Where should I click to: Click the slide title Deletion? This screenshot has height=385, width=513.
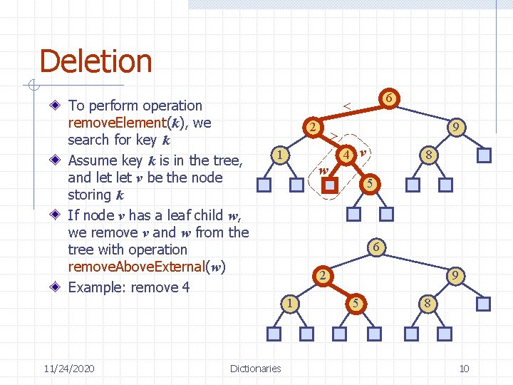click(95, 61)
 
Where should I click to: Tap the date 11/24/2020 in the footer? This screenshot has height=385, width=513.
click(68, 369)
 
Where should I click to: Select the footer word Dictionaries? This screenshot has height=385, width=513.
click(255, 369)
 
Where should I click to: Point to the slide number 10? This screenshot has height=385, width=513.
click(464, 369)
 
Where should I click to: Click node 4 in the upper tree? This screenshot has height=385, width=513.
click(345, 155)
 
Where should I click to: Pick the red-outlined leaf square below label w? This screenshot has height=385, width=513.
click(329, 185)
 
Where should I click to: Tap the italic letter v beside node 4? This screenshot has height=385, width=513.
click(363, 153)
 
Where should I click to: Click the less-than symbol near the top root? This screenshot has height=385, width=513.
click(347, 106)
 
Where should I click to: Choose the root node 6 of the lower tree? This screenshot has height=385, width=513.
click(376, 247)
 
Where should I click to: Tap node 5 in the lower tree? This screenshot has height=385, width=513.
click(356, 303)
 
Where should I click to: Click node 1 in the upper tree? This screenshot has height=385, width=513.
click(281, 155)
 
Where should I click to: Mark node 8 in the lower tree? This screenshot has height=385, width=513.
click(427, 303)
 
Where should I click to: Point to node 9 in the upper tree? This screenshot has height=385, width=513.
click(456, 128)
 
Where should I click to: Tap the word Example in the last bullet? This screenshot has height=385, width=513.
click(96, 287)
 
